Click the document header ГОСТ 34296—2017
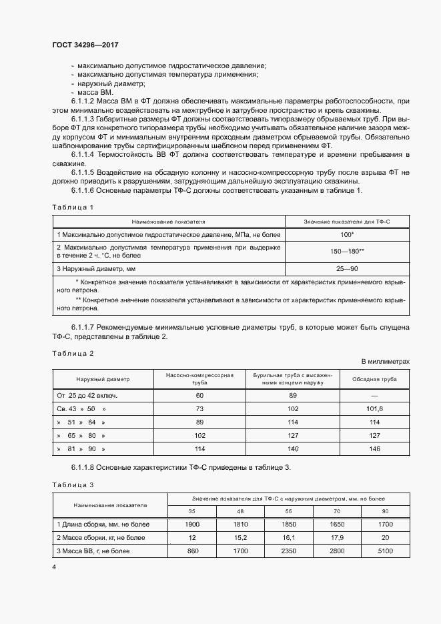(x=85, y=43)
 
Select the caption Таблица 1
(x=73, y=207)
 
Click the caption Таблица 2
(x=73, y=352)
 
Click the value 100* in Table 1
(x=346, y=235)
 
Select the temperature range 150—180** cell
(x=346, y=251)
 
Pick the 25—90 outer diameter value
(x=346, y=268)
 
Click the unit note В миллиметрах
(x=385, y=361)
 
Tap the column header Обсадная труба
(x=375, y=379)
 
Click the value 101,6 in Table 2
(x=375, y=408)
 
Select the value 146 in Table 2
(x=375, y=449)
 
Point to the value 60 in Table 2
(x=199, y=396)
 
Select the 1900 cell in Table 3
(x=192, y=525)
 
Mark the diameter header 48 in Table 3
(x=241, y=511)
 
